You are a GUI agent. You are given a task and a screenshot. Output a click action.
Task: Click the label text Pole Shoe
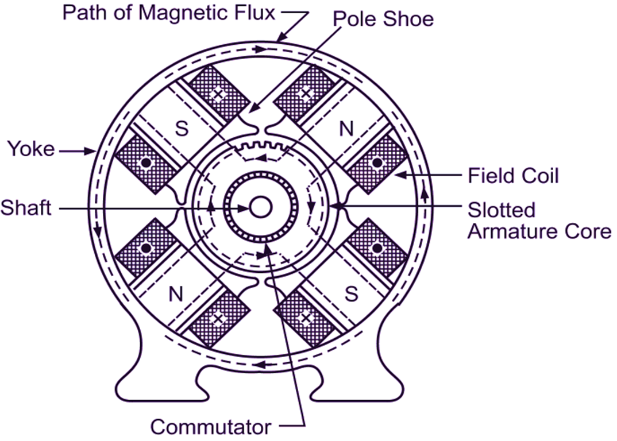click(x=383, y=19)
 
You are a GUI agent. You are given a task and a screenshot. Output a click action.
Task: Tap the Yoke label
click(x=31, y=149)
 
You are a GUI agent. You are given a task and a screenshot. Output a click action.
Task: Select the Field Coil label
click(x=512, y=176)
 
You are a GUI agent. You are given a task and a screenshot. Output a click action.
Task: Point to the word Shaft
click(x=26, y=208)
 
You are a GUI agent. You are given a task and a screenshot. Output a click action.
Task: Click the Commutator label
click(x=211, y=427)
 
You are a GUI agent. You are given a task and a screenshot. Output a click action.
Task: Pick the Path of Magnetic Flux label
click(x=169, y=13)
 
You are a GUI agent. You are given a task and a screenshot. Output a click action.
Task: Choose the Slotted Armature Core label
click(x=539, y=220)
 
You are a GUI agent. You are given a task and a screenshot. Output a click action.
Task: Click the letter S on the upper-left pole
click(x=182, y=128)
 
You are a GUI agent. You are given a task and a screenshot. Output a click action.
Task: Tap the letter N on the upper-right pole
click(x=346, y=129)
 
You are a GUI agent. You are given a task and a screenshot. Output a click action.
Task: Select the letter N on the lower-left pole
click(x=176, y=293)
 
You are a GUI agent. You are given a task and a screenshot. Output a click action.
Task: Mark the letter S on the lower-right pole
click(x=351, y=293)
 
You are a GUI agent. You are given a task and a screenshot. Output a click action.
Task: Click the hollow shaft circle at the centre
click(x=260, y=207)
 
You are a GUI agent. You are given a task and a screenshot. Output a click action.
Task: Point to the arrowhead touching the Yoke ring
click(x=91, y=150)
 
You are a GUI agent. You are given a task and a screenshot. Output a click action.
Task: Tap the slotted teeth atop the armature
click(x=262, y=147)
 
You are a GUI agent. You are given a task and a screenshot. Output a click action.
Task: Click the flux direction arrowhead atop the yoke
click(x=261, y=49)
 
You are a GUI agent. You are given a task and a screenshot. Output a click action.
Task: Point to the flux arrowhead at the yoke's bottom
click(x=260, y=365)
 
